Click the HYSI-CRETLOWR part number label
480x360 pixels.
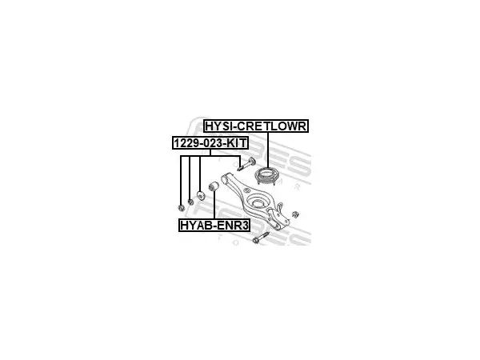click(x=256, y=126)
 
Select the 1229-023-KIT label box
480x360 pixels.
click(x=210, y=142)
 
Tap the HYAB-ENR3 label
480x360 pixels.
click(x=214, y=226)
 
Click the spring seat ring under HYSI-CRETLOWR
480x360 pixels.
click(x=267, y=176)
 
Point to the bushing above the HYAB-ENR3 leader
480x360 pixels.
click(x=213, y=186)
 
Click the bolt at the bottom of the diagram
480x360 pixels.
click(x=261, y=238)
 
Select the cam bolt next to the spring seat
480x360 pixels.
click(x=246, y=164)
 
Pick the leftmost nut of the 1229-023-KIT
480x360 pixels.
click(x=181, y=208)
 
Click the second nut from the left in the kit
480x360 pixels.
click(x=190, y=202)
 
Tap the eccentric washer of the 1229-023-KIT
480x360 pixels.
click(x=200, y=195)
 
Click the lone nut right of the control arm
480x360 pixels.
click(x=295, y=214)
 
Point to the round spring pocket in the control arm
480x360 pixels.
click(x=258, y=202)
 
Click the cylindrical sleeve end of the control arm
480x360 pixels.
click(x=226, y=178)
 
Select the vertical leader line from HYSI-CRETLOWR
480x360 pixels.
click(x=268, y=150)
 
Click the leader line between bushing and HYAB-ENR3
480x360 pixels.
click(x=214, y=205)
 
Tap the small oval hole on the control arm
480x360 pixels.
click(x=246, y=190)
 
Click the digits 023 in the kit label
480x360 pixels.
click(x=210, y=142)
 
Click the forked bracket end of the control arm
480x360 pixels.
click(x=278, y=217)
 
